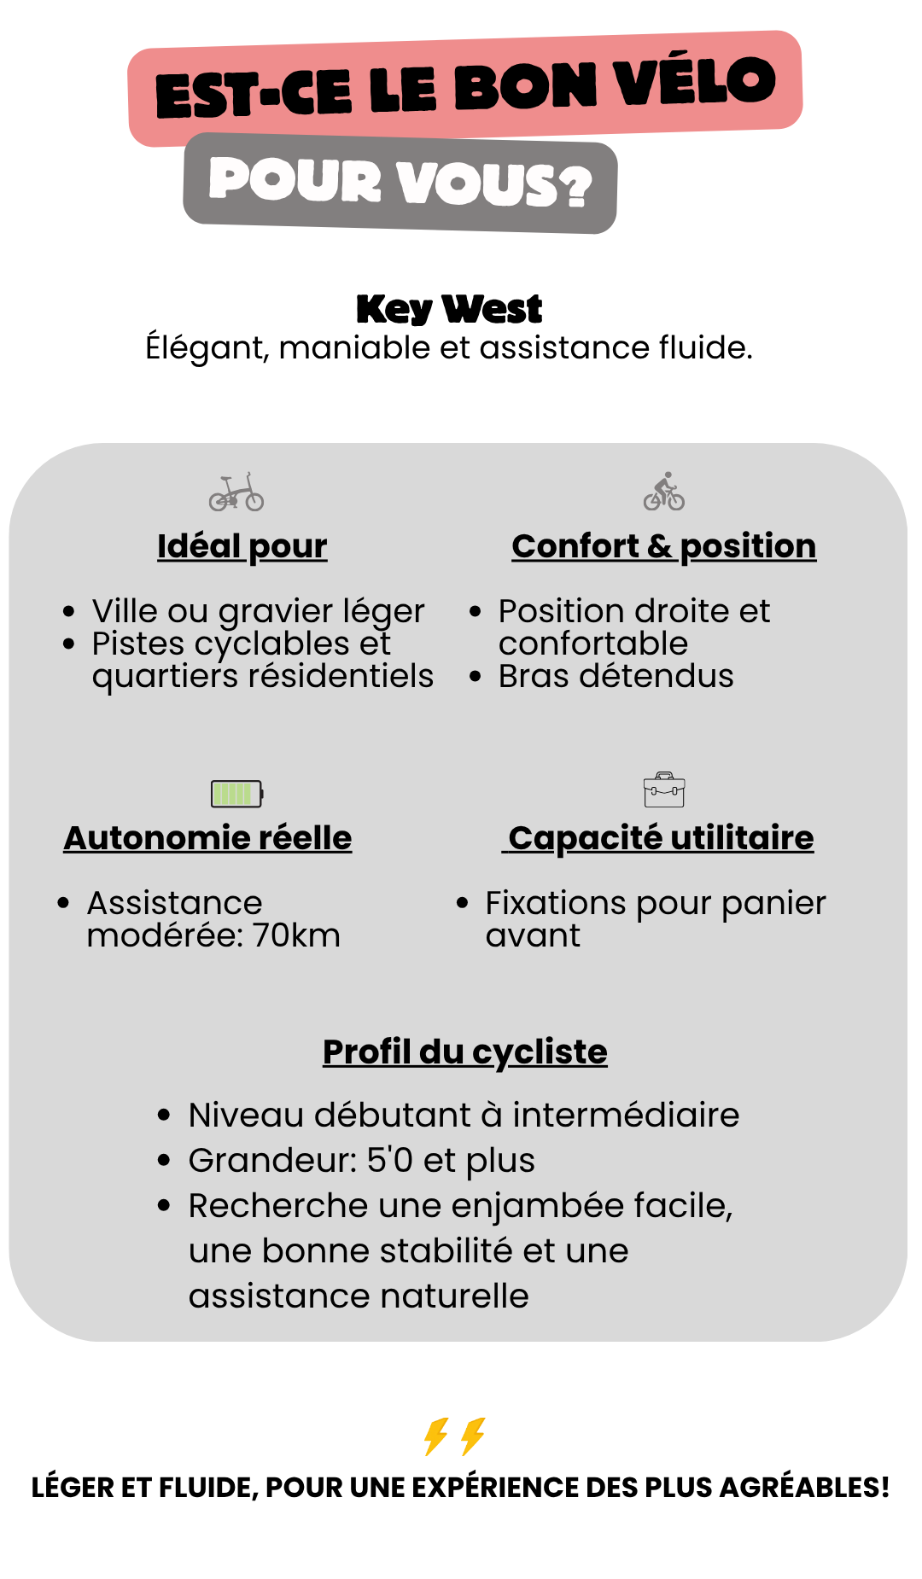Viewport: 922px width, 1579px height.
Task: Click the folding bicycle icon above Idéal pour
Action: pos(236,492)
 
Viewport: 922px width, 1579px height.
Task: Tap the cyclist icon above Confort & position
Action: pos(664,492)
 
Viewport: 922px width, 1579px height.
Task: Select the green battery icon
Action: pos(237,794)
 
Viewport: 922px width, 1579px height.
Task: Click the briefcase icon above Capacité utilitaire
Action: pos(664,790)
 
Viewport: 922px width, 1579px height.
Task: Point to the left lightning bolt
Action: pos(436,1436)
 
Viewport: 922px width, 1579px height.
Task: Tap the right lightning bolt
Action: pos(473,1436)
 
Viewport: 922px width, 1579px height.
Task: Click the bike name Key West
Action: pos(449,309)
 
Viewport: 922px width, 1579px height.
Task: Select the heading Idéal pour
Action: pos(242,546)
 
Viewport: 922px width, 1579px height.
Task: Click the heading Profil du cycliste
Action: pos(464,1052)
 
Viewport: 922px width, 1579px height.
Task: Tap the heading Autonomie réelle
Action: pos(207,838)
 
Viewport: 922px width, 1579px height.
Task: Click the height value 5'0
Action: pos(389,1160)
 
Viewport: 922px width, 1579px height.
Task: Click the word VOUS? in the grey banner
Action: pos(495,183)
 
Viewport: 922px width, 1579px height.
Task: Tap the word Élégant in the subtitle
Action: pos(205,348)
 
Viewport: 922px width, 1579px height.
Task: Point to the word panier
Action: pos(773,903)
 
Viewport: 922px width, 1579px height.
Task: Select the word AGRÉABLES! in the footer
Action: pos(804,1488)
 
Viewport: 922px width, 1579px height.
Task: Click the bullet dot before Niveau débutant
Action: pos(165,1115)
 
